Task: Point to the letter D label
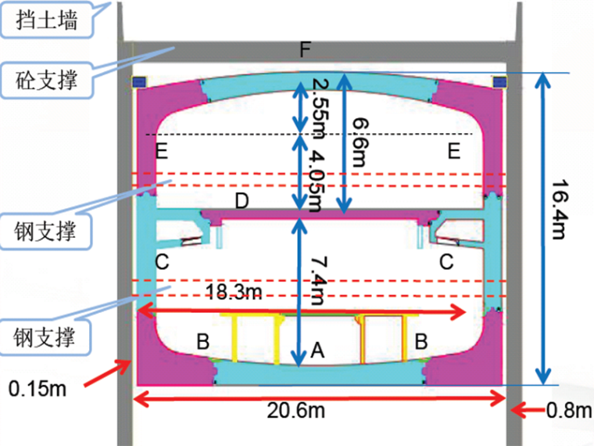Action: tap(242, 202)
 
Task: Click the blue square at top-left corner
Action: tap(141, 81)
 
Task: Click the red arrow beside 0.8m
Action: tap(528, 409)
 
